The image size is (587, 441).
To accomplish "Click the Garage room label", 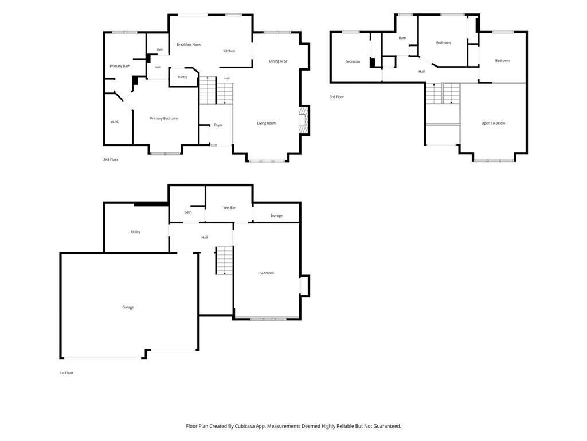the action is point(128,307).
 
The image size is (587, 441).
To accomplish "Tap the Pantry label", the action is point(182,77).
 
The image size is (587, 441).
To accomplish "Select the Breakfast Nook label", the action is point(189,45).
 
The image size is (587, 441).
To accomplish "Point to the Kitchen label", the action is point(229,51).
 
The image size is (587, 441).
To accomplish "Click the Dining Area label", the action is point(278,61).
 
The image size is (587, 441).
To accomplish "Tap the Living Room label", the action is point(267,123).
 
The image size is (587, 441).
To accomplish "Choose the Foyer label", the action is point(218,125).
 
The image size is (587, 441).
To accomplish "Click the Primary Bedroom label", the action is point(164,118).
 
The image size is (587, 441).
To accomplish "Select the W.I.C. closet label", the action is point(115,122).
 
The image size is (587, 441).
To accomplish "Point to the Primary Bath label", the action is point(120,66).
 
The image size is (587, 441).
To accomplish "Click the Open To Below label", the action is point(493,123).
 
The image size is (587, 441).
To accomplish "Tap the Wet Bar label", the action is point(229,208).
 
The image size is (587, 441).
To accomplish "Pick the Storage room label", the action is point(276,216).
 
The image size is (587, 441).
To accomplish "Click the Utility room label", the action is point(135,232).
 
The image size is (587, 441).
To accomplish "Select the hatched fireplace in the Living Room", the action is point(303,120).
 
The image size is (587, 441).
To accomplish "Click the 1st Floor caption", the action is point(66,373).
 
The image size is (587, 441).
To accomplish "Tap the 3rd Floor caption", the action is point(337,96).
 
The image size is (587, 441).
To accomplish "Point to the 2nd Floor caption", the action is point(111,160).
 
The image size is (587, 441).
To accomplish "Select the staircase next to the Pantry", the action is point(216,90).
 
